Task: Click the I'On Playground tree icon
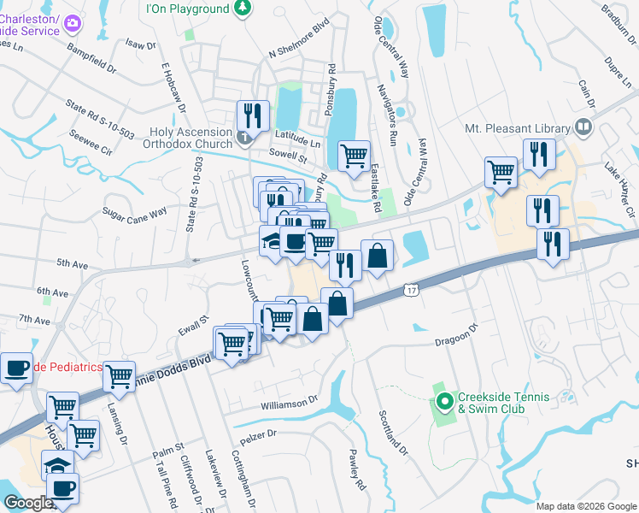(243, 9)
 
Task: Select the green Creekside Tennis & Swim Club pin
(444, 400)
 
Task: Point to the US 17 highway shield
(411, 292)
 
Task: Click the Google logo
(28, 503)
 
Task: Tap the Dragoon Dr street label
(459, 339)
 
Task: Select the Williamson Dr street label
(289, 399)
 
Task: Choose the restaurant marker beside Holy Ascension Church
(253, 115)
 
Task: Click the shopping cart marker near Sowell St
(354, 156)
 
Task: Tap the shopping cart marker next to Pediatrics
(119, 374)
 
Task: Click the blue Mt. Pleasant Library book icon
(583, 127)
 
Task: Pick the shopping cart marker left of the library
(501, 171)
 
